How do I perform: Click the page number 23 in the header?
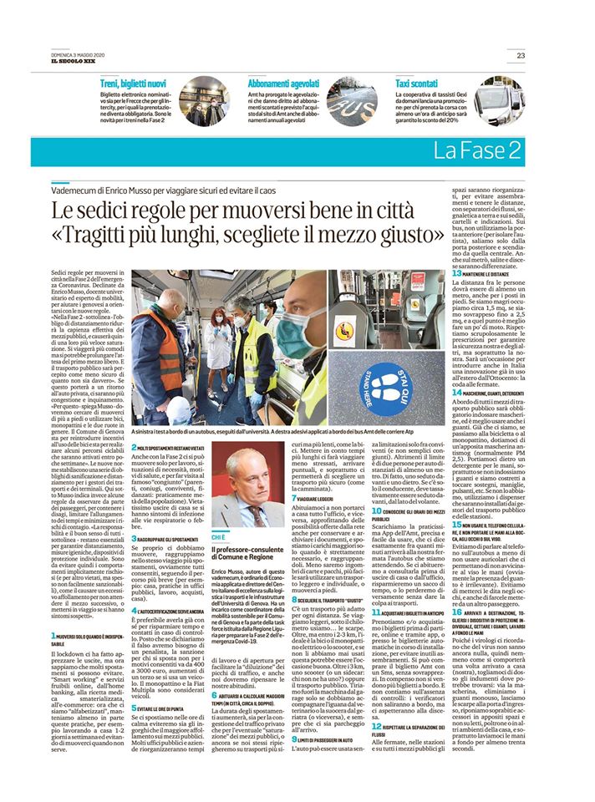tap(521, 56)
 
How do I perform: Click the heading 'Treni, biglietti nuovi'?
tap(133, 84)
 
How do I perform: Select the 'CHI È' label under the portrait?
tap(219, 536)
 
